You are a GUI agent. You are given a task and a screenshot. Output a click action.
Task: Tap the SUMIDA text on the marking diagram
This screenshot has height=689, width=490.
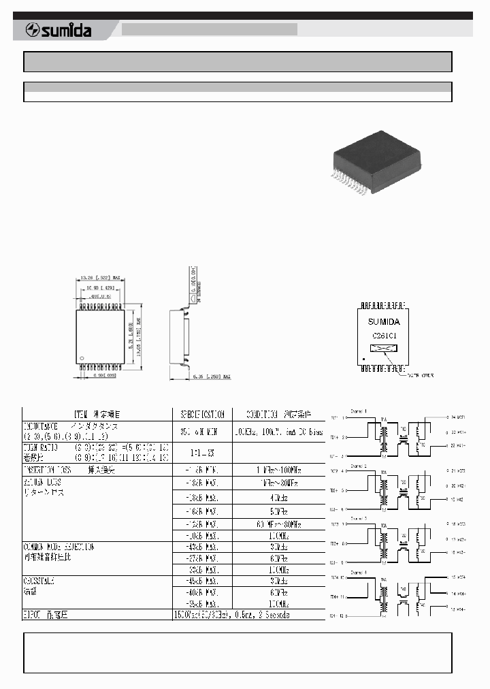point(384,321)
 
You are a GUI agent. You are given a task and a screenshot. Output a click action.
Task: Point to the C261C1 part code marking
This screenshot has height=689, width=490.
point(384,336)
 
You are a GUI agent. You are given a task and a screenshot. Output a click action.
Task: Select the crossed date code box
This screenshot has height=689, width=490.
point(385,348)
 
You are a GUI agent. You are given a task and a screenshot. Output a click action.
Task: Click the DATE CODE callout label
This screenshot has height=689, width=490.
point(420,374)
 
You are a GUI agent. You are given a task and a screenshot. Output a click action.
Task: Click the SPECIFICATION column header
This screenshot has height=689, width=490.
point(201,414)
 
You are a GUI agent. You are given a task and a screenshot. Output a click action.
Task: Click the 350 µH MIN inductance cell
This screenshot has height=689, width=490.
point(201,431)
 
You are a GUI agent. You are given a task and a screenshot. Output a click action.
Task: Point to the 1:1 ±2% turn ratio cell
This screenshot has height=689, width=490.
point(201,452)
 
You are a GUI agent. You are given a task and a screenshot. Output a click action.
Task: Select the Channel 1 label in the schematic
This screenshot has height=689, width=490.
point(359,411)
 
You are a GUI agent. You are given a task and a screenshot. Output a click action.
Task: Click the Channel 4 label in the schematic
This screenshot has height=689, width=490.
point(359,572)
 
